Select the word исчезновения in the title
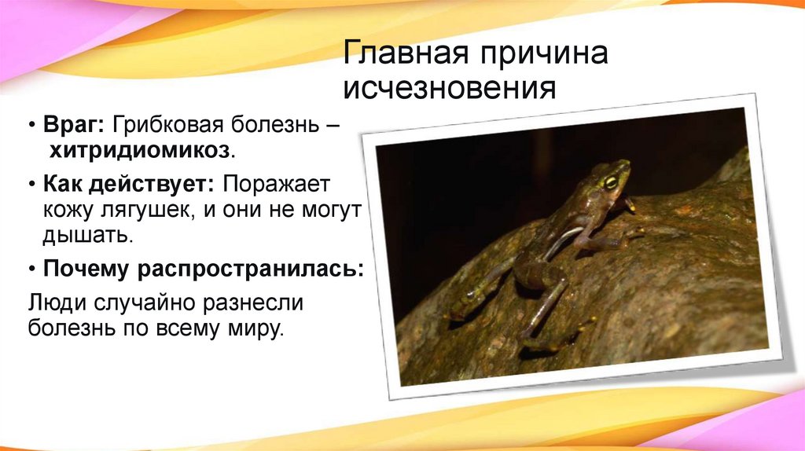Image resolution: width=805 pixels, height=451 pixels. [x=449, y=87]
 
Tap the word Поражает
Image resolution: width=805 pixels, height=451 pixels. [x=278, y=185]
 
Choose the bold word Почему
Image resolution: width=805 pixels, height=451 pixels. [x=86, y=269]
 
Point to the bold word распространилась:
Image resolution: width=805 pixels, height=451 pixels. [x=251, y=270]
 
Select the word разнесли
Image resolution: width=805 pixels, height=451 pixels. [x=259, y=302]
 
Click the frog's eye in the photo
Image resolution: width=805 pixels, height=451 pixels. [x=610, y=182]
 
